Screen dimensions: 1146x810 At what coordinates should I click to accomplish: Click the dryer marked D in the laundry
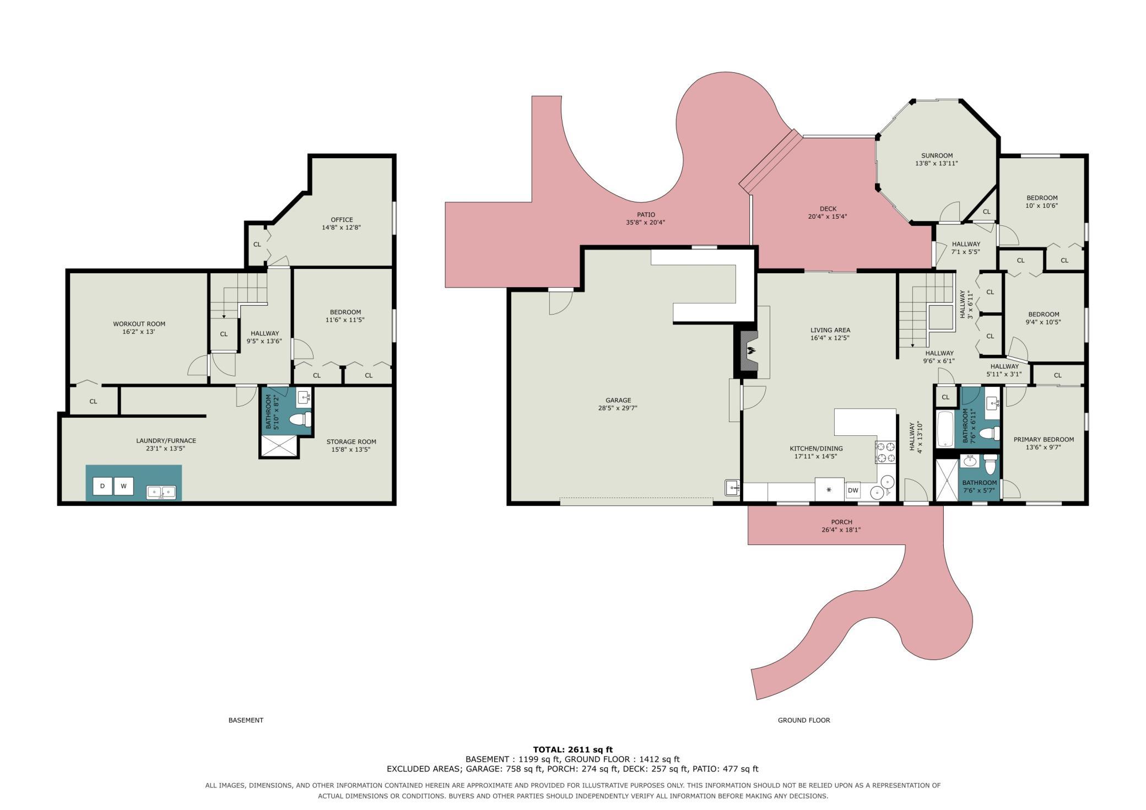102,486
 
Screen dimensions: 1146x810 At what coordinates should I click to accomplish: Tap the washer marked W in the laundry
123,486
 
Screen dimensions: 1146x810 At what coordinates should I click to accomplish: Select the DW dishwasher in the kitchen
853,490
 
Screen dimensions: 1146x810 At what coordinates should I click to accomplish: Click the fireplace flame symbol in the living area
750,350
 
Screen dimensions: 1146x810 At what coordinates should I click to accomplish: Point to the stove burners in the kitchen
885,452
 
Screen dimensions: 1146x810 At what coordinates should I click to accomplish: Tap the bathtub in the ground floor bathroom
945,429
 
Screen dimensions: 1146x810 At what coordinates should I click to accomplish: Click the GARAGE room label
618,401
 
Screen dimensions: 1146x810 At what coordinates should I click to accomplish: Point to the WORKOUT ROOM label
139,324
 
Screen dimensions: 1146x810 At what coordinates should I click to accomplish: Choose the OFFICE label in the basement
342,220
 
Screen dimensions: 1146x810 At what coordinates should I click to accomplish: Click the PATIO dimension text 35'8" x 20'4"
646,223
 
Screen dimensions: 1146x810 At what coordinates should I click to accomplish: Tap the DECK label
828,209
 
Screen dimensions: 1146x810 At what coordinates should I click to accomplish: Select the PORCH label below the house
841,522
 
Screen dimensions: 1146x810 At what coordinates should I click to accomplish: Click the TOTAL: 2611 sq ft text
573,749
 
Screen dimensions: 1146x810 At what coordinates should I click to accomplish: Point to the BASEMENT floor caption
246,720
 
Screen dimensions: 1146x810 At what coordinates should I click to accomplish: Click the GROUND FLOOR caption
804,720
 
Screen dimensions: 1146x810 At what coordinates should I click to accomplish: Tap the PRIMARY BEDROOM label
1044,440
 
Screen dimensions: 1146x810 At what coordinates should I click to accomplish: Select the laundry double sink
161,492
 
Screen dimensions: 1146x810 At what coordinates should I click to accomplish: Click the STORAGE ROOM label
351,442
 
